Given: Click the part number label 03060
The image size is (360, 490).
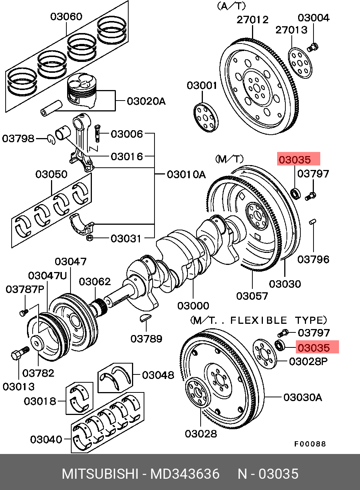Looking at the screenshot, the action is click(x=66, y=17).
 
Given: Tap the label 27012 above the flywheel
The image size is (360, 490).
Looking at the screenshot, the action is click(x=252, y=20).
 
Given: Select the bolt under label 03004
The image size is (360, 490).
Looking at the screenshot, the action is click(x=313, y=47).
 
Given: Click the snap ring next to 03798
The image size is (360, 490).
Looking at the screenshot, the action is click(x=51, y=140).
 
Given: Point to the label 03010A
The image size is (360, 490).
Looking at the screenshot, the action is click(x=186, y=174).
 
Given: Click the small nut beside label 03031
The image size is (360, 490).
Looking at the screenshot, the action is click(x=90, y=238).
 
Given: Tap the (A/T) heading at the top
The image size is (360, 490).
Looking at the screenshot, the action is click(x=231, y=6).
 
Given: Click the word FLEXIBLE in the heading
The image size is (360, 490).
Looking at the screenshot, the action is click(x=259, y=320).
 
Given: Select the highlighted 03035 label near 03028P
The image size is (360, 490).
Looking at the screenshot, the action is click(x=317, y=347).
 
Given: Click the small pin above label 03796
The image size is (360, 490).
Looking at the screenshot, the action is click(x=313, y=222).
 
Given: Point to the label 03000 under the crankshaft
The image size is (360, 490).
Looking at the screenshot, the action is click(x=193, y=306).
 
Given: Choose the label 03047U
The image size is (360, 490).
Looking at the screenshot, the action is click(x=47, y=276).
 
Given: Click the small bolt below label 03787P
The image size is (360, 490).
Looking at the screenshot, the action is click(x=24, y=313).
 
